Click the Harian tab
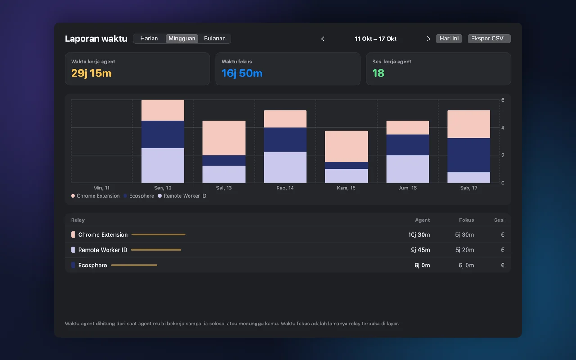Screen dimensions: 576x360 [149, 39]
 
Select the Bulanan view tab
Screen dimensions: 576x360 [215, 39]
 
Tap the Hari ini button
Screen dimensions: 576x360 [449, 39]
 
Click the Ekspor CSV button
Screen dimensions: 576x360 [489, 39]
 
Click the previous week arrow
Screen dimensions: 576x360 [323, 39]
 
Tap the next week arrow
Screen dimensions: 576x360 [428, 39]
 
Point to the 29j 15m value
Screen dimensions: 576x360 [91, 73]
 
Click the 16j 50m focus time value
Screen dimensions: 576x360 [242, 73]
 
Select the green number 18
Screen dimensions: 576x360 [378, 73]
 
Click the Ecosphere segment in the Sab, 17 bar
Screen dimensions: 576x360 [469, 155]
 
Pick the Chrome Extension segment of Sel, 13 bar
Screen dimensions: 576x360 [224, 138]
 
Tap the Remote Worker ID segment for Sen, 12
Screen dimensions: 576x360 [163, 165]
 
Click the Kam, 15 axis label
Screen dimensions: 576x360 [346, 188]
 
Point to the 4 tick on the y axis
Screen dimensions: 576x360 [503, 127]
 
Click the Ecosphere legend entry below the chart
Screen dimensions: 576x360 [139, 196]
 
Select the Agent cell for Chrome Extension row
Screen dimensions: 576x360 [419, 234]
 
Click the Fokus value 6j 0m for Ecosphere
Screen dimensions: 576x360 [466, 265]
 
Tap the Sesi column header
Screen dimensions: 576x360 [499, 220]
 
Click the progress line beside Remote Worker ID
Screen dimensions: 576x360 [156, 250]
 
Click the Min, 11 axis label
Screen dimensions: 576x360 [102, 188]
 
